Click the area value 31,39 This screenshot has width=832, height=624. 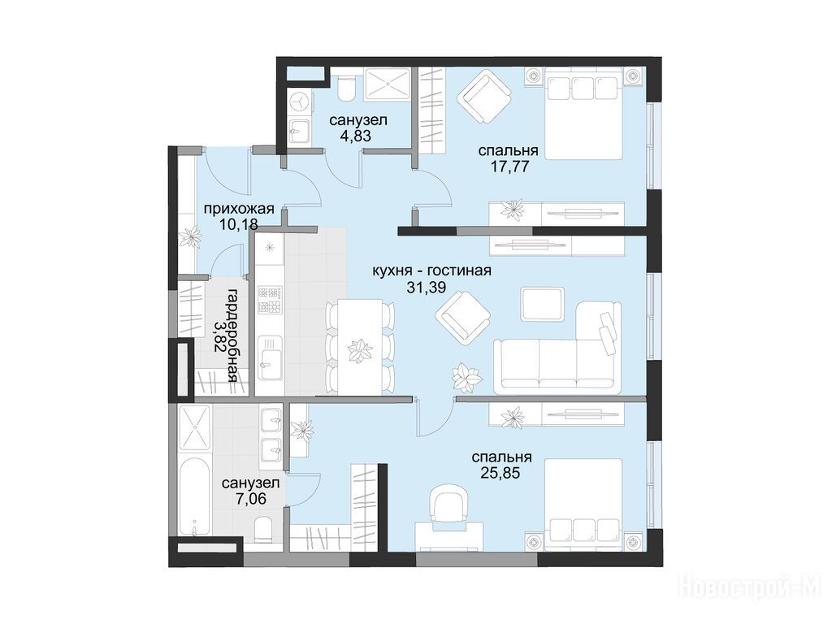[x=423, y=288]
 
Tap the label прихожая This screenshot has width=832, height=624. [x=239, y=209]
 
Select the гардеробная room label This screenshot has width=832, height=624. [x=232, y=336]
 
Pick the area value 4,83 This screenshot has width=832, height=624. [x=356, y=136]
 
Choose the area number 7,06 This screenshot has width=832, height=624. [x=250, y=498]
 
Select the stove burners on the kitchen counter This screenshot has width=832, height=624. [x=270, y=300]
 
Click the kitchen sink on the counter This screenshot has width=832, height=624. [x=270, y=357]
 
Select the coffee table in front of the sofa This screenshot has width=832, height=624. [x=542, y=304]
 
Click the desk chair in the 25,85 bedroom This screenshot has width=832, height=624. [x=448, y=505]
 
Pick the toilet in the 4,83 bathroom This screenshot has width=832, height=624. [x=347, y=88]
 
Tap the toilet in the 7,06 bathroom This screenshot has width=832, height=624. [x=262, y=531]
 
